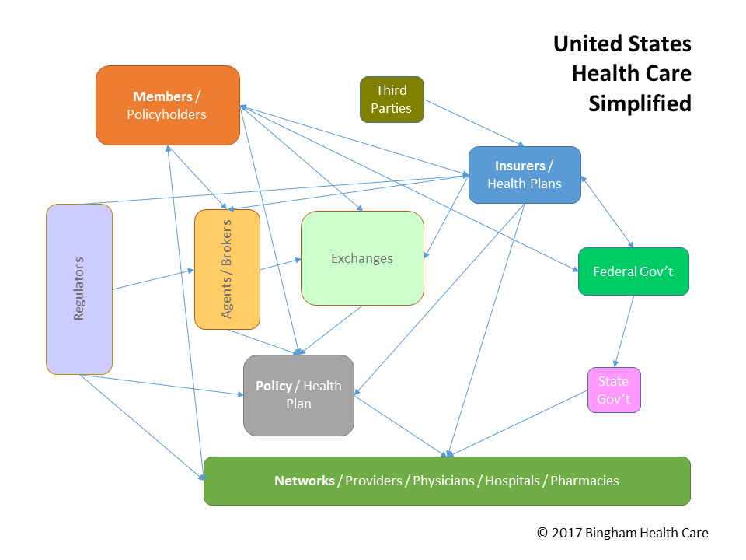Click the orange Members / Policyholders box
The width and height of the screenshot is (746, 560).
(167, 105)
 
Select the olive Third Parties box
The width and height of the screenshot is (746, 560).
(392, 100)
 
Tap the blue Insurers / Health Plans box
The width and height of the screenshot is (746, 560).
(525, 175)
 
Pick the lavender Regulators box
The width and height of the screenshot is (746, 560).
(78, 289)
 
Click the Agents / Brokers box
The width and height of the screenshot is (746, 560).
(227, 269)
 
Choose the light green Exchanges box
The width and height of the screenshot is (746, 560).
(362, 258)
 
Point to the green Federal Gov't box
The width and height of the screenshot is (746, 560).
(633, 271)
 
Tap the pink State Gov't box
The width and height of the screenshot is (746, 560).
(614, 390)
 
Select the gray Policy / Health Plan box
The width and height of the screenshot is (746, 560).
(298, 395)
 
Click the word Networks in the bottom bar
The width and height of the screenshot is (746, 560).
(304, 481)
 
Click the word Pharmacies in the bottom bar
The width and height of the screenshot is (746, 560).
(584, 481)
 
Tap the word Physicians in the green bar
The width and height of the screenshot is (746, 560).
(443, 481)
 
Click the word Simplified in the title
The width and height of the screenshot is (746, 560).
(640, 103)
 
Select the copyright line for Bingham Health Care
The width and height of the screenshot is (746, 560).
(622, 533)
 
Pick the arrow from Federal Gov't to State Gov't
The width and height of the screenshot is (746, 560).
(625, 331)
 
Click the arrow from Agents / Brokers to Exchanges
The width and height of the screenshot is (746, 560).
(281, 264)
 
